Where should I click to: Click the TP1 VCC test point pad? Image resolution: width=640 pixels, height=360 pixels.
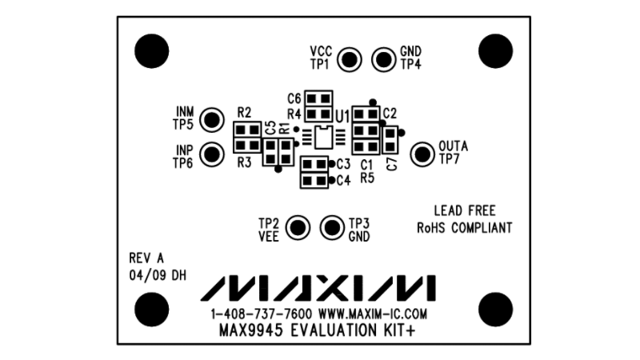350,58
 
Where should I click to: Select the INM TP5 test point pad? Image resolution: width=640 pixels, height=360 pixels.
211,120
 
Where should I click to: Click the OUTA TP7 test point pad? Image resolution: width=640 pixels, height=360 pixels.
422,153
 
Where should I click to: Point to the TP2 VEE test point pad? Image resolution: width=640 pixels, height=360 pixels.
299,227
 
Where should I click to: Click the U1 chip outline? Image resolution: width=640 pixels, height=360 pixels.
324,138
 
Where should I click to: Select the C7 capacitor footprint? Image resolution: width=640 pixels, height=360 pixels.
390,142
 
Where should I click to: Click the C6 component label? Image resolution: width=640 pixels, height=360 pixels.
294,98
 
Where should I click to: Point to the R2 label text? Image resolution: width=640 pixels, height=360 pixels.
245,112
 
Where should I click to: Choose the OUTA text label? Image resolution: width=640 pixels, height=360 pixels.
453,146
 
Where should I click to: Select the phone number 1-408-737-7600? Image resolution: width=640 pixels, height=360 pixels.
262,314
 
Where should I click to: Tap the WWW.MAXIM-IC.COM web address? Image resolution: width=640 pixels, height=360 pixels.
373,314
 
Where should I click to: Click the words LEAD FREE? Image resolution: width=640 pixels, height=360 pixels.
464,211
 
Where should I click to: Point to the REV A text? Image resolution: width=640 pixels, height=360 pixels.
146,258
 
